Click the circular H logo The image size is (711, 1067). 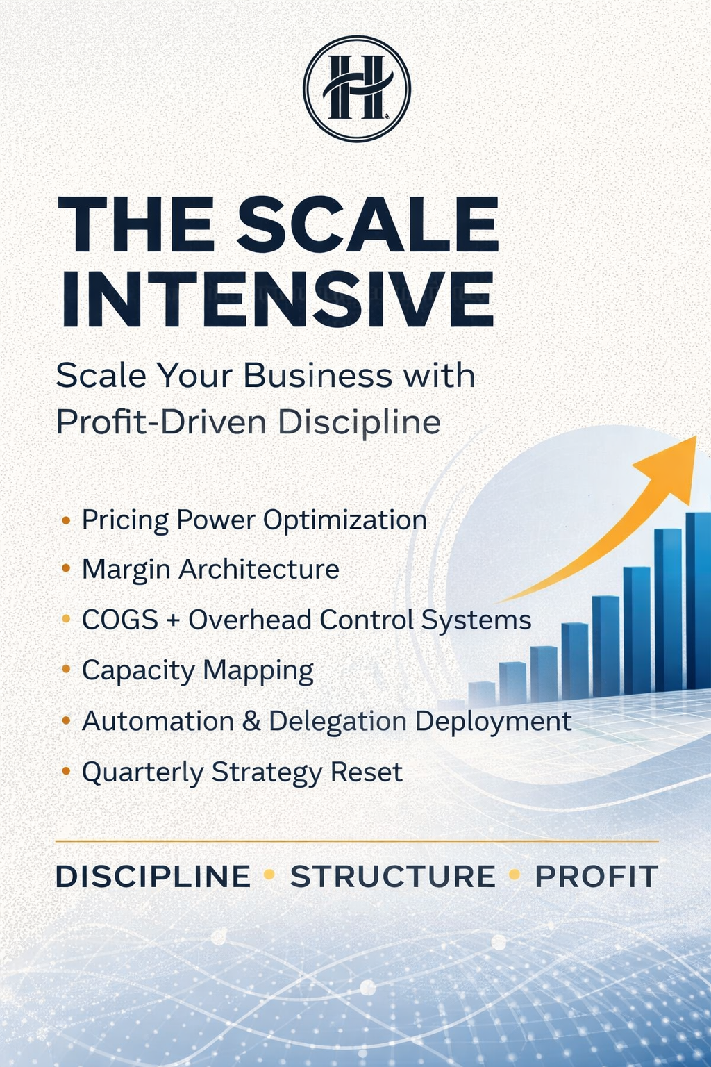[x=357, y=88]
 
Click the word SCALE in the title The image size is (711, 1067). [x=368, y=224]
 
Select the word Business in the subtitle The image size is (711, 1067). [x=318, y=376]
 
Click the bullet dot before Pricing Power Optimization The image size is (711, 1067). [x=66, y=520]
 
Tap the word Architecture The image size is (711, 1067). [x=259, y=569]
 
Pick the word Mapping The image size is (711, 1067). [x=258, y=671]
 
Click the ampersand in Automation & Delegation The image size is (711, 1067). [x=251, y=721]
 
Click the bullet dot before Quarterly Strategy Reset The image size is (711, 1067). [x=66, y=771]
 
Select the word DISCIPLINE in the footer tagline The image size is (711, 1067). [x=153, y=876]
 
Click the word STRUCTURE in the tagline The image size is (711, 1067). [x=392, y=876]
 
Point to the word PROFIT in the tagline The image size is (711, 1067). [x=596, y=876]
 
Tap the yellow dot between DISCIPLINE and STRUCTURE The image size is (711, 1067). [x=269, y=875]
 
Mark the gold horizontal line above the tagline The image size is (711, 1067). [x=357, y=841]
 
